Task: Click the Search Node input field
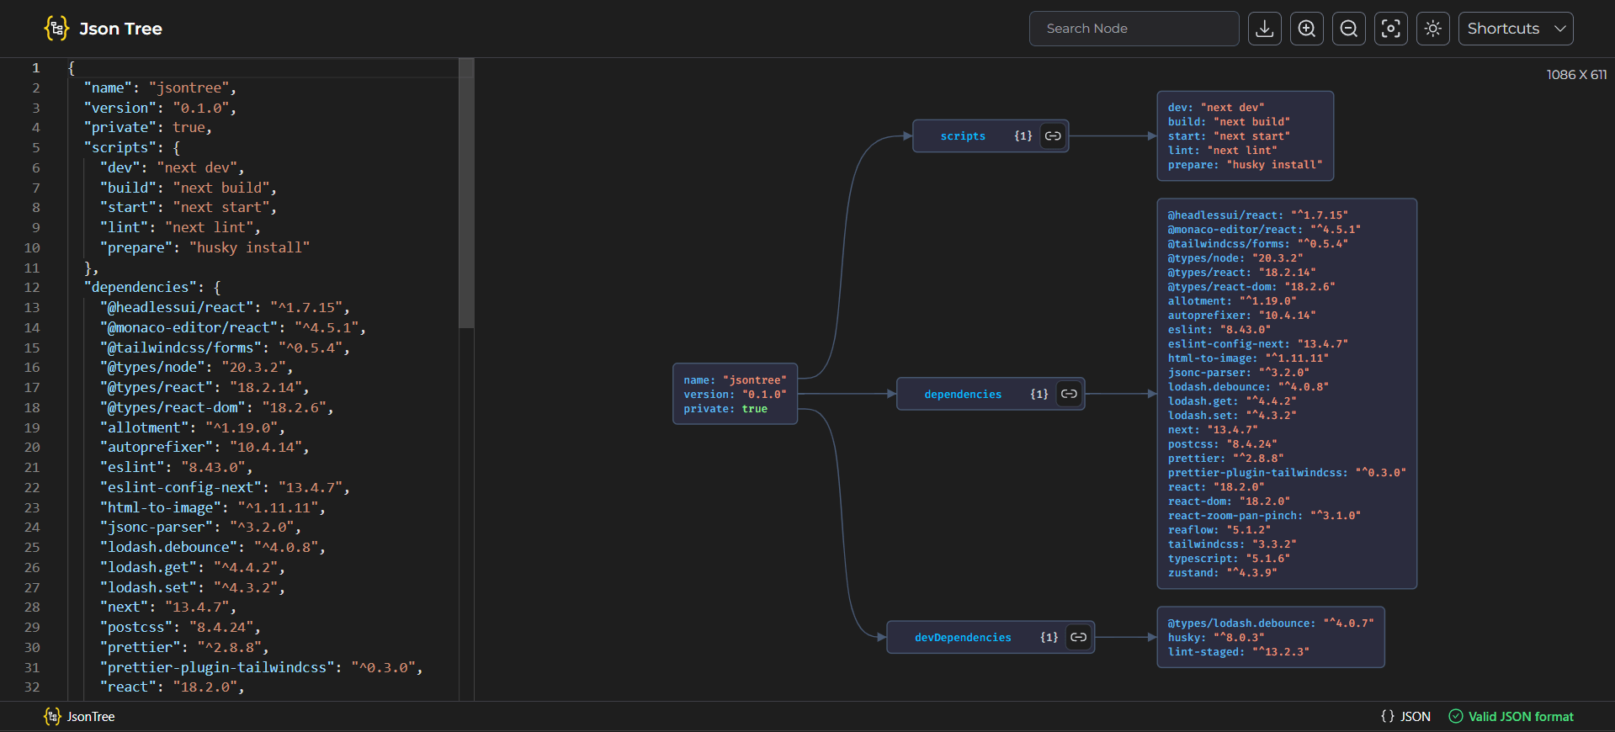[1133, 29]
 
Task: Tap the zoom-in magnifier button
[1306, 29]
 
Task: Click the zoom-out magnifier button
[1348, 29]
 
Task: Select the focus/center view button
[1390, 29]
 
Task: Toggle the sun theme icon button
[1432, 29]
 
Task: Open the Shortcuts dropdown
[1515, 29]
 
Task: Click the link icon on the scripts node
[1053, 135]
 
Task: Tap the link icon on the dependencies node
[1069, 394]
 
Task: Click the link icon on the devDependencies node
[1078, 637]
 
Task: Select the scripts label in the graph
[963, 136]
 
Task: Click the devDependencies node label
[963, 638]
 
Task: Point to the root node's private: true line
[725, 409]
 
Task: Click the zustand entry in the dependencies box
[1222, 573]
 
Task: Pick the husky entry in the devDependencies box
[1215, 638]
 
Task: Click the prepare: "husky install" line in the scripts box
[1244, 165]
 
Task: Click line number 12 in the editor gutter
[32, 288]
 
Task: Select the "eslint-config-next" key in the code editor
[181, 487]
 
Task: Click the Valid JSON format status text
[1520, 717]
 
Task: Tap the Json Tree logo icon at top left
[56, 29]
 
